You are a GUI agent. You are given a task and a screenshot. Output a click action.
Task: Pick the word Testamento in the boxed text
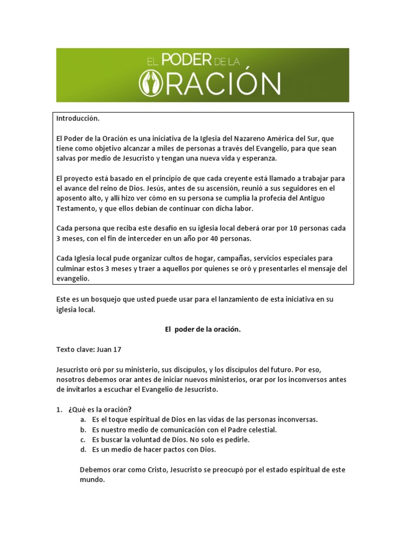point(76,208)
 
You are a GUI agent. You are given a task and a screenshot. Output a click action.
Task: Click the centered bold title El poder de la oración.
point(202,329)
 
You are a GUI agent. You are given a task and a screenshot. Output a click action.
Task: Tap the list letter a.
point(83,419)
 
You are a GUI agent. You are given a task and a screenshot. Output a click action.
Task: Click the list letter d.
point(83,450)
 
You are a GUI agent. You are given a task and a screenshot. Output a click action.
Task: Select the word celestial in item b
point(262,430)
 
